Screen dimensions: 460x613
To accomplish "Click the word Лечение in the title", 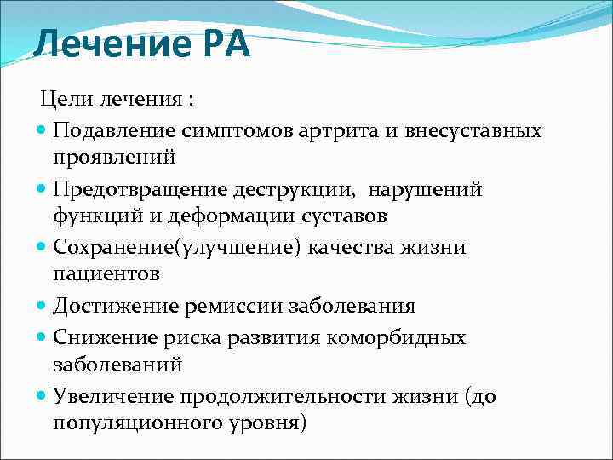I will point(102,43).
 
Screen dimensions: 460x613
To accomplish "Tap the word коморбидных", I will point(404,338).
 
